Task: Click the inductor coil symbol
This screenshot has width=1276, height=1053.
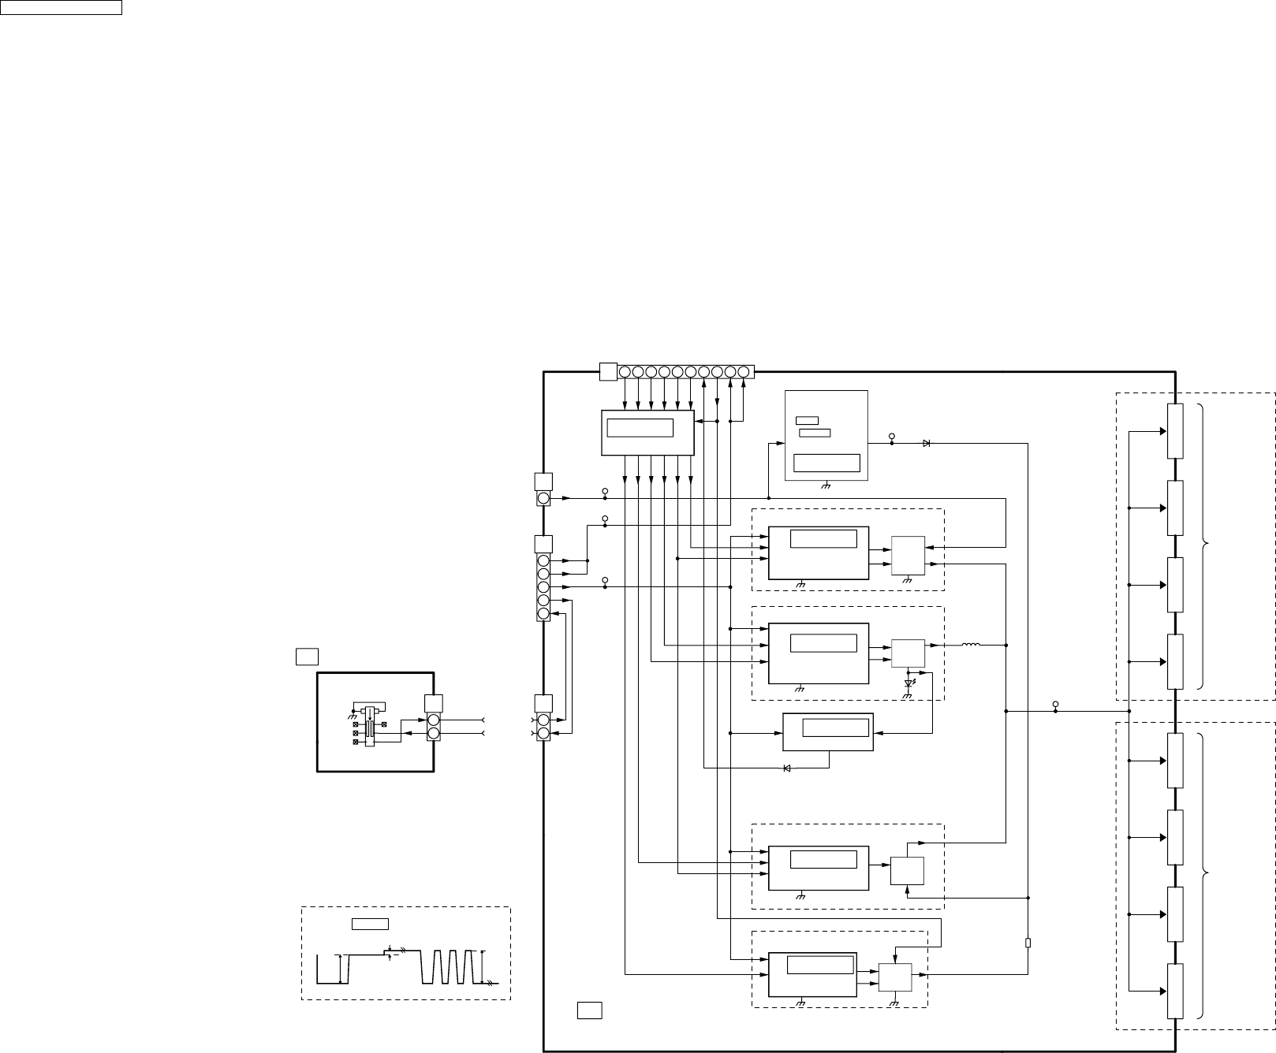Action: point(970,646)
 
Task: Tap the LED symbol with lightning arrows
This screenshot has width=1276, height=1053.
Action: point(908,683)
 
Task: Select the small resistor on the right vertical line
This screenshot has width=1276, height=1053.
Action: point(1028,943)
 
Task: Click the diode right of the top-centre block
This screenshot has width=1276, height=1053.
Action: point(926,443)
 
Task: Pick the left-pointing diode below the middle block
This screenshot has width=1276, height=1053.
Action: point(787,768)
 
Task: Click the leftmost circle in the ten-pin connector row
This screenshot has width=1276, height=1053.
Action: point(625,371)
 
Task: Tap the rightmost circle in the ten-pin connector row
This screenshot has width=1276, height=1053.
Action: point(743,371)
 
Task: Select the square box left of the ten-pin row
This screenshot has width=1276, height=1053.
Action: point(608,371)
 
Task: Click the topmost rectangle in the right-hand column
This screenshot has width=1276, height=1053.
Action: point(1175,431)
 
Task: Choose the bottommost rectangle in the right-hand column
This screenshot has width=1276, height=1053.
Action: point(1175,991)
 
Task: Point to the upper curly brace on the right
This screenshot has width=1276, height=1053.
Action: point(1204,545)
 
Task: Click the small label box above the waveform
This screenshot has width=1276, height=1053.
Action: point(370,924)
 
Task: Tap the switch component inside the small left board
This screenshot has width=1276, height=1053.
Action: point(368,724)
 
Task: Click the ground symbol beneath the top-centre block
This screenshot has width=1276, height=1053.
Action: point(826,486)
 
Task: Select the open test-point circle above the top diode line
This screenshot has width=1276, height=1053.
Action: point(892,436)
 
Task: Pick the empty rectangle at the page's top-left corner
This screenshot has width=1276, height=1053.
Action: point(61,8)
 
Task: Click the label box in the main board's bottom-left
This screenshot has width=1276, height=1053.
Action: point(589,1010)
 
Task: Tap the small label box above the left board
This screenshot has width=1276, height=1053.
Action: point(306,656)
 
